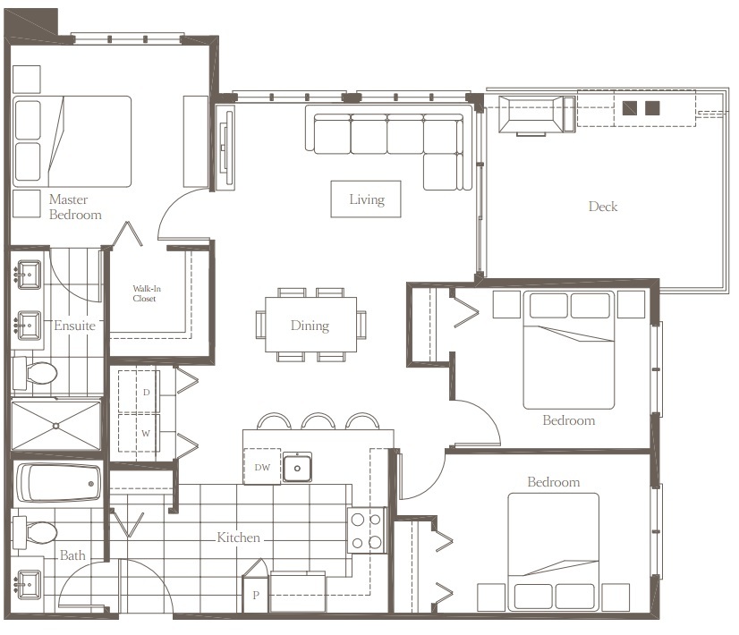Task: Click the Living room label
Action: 366,199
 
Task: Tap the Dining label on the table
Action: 310,326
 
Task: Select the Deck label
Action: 603,207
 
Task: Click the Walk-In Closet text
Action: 144,293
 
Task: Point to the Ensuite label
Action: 74,326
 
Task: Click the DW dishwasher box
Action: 261,466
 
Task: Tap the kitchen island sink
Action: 297,467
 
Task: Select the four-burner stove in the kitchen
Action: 367,529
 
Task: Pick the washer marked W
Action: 146,434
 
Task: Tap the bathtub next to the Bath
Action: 58,484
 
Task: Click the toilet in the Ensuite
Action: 36,373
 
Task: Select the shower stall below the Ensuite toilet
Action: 55,426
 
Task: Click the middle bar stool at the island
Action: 319,420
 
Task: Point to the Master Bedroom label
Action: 74,207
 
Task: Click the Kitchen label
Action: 239,538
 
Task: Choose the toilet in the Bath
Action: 36,533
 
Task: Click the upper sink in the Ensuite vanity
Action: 28,272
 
